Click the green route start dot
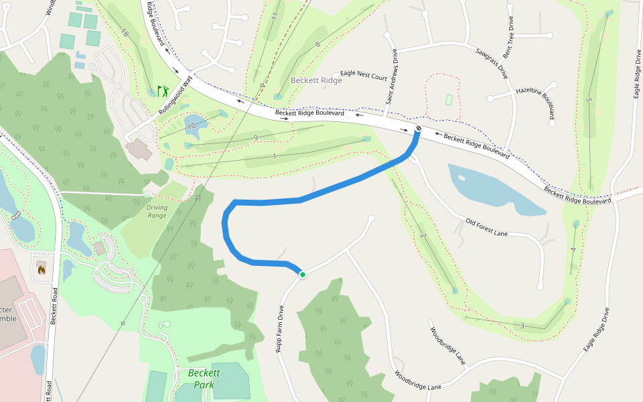(302, 274)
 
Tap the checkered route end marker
(419, 128)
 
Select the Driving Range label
(157, 212)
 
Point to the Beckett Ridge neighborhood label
(316, 80)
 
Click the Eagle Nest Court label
(364, 74)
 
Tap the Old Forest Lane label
(487, 228)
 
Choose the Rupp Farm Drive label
(280, 329)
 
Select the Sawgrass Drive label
(492, 64)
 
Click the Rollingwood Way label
(175, 97)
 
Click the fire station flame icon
(42, 270)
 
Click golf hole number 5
(589, 100)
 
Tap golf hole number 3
(522, 326)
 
